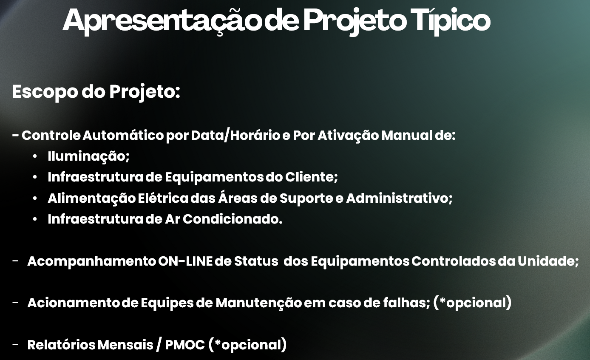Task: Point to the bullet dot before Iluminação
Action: (x=35, y=157)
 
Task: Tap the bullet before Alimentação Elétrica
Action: (x=35, y=198)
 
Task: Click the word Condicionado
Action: (x=232, y=219)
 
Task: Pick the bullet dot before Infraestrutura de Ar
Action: (x=35, y=220)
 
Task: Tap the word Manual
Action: (x=408, y=136)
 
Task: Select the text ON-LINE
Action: (x=185, y=261)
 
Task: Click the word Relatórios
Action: (x=61, y=345)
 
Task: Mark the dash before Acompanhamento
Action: (x=15, y=261)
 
